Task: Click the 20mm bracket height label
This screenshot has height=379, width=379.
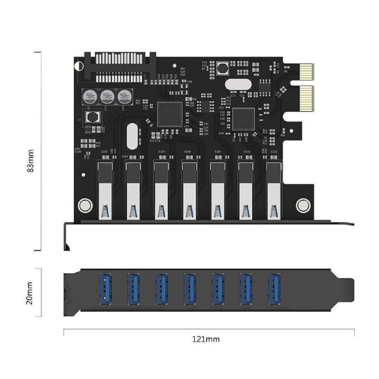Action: (30, 293)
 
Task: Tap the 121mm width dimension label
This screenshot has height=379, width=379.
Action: (205, 339)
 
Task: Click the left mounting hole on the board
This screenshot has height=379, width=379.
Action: (85, 205)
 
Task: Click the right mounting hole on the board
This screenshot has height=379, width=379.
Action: (303, 205)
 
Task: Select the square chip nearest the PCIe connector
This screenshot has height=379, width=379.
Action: (244, 118)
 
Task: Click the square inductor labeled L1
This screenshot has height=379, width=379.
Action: (91, 116)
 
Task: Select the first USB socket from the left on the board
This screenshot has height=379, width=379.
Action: (105, 189)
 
